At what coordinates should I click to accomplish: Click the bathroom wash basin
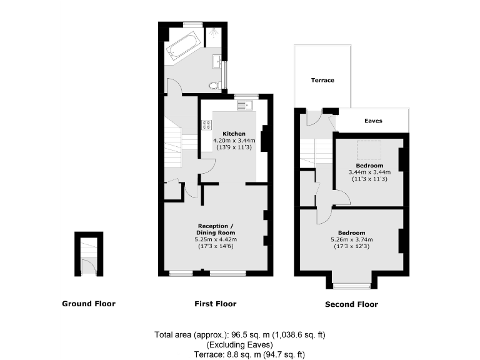pyautogui.click(x=217, y=61)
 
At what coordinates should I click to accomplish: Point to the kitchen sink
pyautogui.click(x=244, y=105)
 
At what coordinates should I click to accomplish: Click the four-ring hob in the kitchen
pyautogui.click(x=207, y=125)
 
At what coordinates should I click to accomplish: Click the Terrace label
pyautogui.click(x=322, y=81)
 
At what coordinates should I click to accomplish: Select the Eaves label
pyautogui.click(x=373, y=121)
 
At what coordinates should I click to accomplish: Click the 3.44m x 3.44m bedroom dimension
pyautogui.click(x=369, y=172)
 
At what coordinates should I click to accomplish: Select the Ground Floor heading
pyautogui.click(x=89, y=304)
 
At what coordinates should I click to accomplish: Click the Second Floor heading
pyautogui.click(x=351, y=305)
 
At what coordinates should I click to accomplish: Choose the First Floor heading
pyautogui.click(x=216, y=304)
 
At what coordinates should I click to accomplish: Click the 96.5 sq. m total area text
pyautogui.click(x=240, y=335)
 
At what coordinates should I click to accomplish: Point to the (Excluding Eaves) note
pyautogui.click(x=239, y=344)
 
